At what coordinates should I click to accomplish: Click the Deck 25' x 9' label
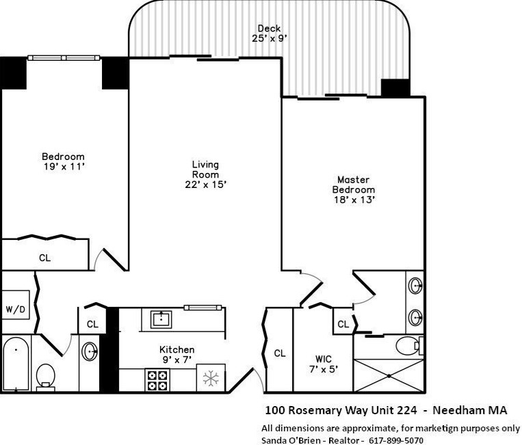(269, 33)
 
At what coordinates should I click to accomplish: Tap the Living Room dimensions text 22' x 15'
(205, 184)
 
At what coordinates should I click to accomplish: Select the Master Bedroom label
(353, 185)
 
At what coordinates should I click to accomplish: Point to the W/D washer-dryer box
(15, 310)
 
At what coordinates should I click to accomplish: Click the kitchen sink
(161, 319)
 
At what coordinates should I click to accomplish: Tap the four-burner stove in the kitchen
(157, 380)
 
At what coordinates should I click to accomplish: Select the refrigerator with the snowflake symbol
(211, 379)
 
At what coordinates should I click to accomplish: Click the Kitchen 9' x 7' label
(177, 354)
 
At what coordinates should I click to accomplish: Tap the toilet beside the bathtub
(45, 375)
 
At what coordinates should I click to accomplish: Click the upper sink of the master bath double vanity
(414, 286)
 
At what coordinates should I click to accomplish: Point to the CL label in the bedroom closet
(44, 258)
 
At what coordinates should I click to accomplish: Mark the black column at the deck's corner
(395, 88)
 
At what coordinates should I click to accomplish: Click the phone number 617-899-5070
(396, 440)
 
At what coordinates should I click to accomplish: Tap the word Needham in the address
(462, 411)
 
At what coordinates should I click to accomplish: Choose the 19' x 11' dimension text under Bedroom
(63, 165)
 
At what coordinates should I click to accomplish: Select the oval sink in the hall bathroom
(90, 352)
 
